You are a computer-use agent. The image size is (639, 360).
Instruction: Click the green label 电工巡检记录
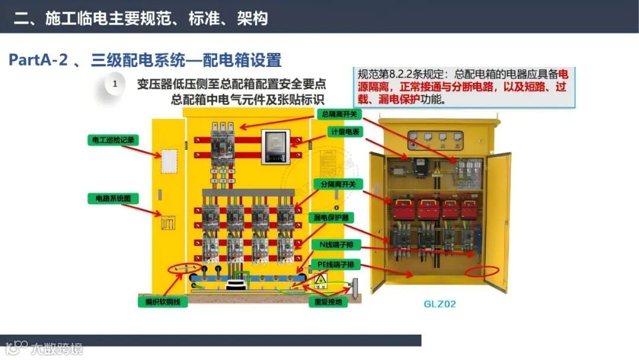(113, 140)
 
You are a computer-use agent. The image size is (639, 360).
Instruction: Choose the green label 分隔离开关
(338, 184)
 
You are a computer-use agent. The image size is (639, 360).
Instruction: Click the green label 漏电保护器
(331, 217)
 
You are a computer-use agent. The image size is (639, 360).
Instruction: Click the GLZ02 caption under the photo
(440, 304)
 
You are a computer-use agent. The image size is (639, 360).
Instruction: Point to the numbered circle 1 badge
(115, 84)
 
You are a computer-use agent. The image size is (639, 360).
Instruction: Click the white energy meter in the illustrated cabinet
(275, 145)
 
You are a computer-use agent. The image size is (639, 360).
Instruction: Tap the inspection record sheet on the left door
(169, 160)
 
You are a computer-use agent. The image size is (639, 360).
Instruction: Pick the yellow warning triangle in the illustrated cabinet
(319, 280)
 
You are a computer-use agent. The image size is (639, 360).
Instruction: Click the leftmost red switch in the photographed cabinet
(404, 209)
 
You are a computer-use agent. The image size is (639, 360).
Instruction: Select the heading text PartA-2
(38, 60)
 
